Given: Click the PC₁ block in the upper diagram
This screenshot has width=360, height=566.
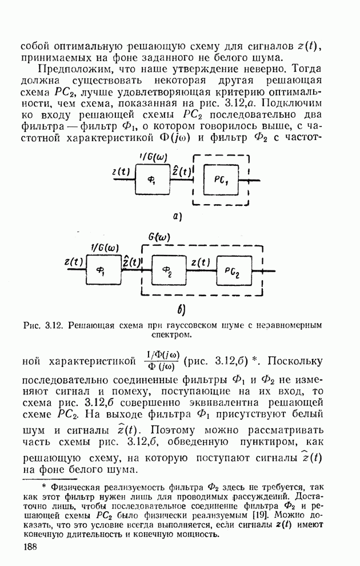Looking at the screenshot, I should pos(222,178).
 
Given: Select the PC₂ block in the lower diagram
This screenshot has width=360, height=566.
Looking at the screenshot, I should pos(234,270).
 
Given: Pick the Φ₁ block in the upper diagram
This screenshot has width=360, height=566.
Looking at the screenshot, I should pos(153,179).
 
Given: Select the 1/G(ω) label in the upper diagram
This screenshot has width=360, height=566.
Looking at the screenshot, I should pos(153,157).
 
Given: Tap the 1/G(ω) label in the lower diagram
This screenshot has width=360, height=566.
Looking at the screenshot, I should pos(105,248).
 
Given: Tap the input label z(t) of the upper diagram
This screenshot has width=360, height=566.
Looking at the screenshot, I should pos(121,171).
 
